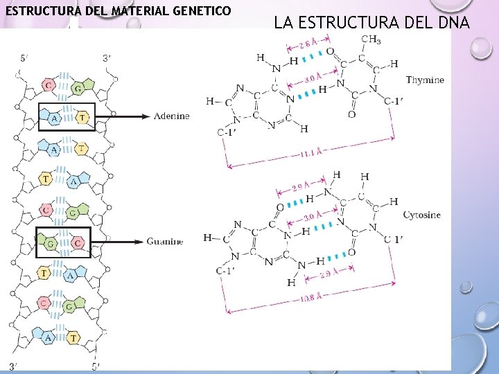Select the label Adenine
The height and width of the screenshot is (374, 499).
coord(171,116)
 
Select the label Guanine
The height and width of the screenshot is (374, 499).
coord(165,242)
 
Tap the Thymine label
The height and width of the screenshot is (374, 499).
coord(425,80)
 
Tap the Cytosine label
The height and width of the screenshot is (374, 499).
coord(421,215)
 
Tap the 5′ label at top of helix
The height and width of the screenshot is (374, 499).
coord(24,59)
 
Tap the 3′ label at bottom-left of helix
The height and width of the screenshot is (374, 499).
coord(13,366)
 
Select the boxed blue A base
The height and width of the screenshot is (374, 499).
coord(54,118)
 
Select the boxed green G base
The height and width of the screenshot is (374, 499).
coord(51,244)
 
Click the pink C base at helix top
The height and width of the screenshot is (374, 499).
coord(48,85)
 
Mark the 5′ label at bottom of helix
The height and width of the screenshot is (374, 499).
coord(96,366)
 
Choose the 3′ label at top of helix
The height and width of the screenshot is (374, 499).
coord(106,59)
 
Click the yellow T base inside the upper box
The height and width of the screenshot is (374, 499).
coord(82,118)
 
